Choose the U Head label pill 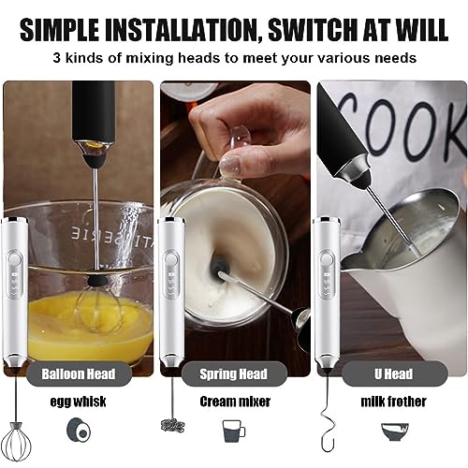[x=389, y=373]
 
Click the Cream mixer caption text [x=237, y=402]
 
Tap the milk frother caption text [x=390, y=402]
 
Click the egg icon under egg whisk [x=79, y=431]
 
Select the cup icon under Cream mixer [x=233, y=431]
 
